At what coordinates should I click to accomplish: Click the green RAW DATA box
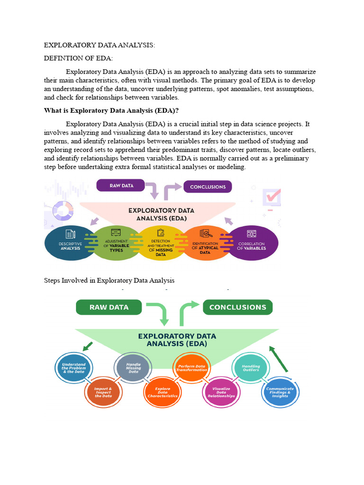109,307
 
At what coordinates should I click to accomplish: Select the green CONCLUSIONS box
237,307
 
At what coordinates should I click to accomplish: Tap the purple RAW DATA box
121,186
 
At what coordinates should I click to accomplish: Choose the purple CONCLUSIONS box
208,187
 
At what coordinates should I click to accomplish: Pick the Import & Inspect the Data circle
103,392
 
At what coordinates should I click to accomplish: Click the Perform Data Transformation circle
192,368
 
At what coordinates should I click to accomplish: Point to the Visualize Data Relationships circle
221,392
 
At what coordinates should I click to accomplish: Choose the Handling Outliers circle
251,368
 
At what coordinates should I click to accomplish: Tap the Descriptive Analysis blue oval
70,243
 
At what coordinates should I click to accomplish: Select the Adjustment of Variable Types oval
116,243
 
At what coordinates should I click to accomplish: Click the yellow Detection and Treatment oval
161,243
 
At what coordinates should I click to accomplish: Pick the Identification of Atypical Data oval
205,243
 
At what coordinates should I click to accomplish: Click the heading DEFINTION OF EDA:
78,58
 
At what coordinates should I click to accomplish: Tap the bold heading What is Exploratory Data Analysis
111,110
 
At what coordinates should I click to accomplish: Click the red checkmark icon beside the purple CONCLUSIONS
273,196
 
